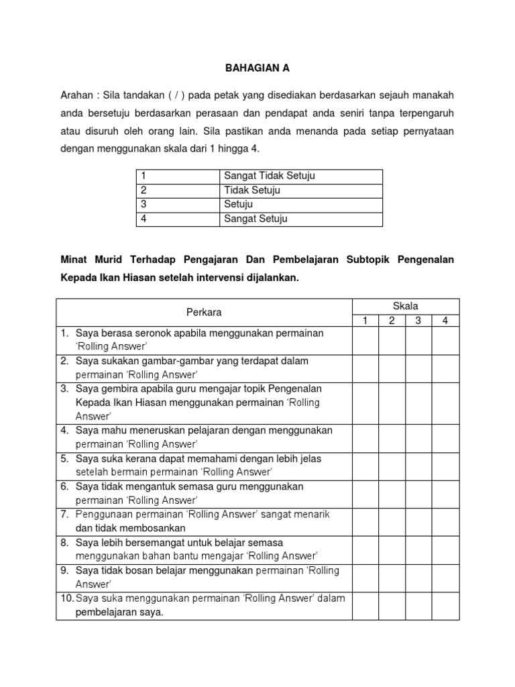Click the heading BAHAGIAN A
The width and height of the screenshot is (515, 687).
click(257, 68)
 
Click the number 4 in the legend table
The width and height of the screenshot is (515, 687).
click(144, 219)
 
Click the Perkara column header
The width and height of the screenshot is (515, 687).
click(204, 313)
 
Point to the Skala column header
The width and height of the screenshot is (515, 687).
click(406, 306)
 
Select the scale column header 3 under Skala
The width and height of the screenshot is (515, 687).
click(418, 321)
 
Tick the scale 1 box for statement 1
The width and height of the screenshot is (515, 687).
click(365, 340)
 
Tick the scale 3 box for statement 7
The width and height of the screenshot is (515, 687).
click(418, 521)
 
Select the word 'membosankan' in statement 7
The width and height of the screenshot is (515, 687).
click(146, 528)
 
